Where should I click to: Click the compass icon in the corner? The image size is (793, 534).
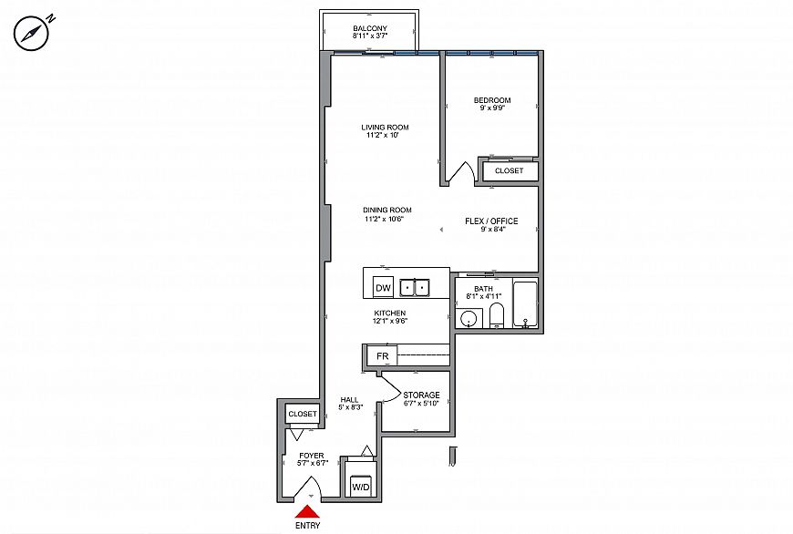(31, 35)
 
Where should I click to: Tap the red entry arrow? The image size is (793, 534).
(307, 511)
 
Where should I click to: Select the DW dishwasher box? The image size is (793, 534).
(384, 288)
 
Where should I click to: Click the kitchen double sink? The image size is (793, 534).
(414, 288)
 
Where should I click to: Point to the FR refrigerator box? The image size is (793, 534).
(382, 356)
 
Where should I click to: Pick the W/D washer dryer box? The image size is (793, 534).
(361, 488)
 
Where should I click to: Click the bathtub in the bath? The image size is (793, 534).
(525, 304)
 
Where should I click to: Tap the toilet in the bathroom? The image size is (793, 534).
(497, 316)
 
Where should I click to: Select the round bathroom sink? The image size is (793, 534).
(469, 319)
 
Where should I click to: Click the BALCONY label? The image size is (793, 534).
(370, 28)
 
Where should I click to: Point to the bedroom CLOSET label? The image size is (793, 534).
(509, 171)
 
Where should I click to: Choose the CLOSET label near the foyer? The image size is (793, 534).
(303, 414)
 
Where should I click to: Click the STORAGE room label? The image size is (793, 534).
(421, 395)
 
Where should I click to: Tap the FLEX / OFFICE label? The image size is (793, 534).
(491, 221)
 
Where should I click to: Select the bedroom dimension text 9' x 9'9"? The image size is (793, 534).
(492, 108)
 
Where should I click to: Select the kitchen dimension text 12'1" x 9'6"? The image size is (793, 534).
(390, 321)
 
